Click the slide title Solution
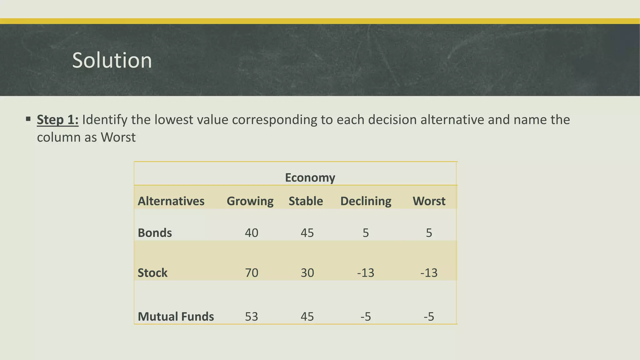112,60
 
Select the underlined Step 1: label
57,120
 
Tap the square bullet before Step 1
28,119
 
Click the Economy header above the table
310,177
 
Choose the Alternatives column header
171,201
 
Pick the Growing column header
250,201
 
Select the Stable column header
306,201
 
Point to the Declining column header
366,201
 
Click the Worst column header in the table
429,201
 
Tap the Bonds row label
155,233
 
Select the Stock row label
152,273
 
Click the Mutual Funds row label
176,317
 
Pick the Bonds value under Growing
251,233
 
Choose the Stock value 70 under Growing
251,273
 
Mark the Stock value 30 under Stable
307,273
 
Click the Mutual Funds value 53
251,317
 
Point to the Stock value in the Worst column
429,273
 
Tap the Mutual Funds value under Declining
366,317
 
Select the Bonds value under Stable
307,233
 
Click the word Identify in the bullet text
104,120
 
